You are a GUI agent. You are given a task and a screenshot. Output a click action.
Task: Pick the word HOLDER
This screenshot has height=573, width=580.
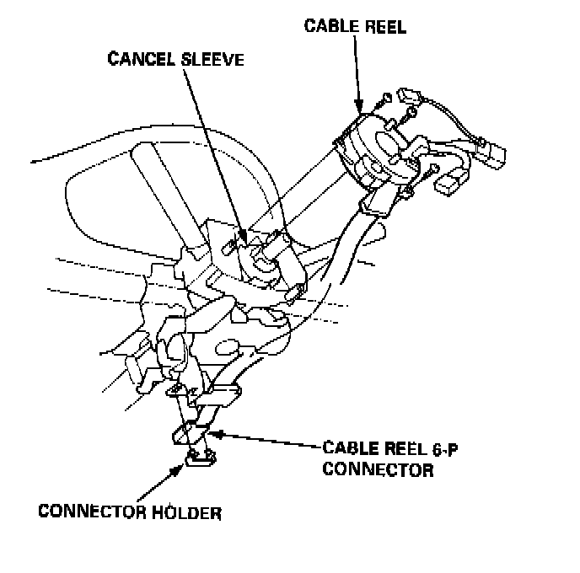(x=196, y=511)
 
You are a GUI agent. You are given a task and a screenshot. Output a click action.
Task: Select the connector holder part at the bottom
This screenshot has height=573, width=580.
(x=200, y=458)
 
